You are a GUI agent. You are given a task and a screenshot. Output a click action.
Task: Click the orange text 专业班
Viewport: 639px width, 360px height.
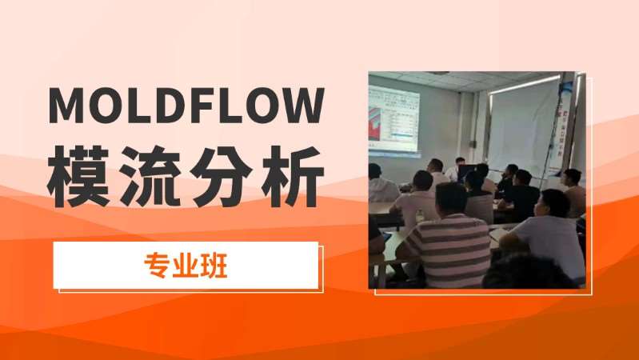coord(186,266)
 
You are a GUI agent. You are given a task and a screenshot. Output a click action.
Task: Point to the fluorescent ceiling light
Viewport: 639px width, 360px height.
coord(524,83)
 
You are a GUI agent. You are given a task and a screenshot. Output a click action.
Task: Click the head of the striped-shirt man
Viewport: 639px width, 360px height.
coord(452,200)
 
